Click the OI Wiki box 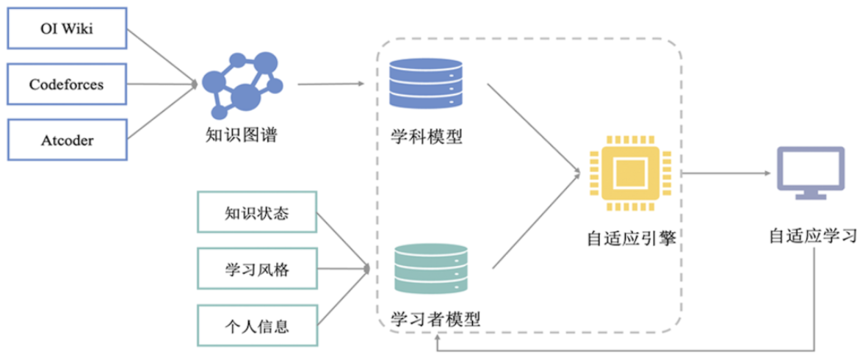67,29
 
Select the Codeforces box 67,84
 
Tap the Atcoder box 67,140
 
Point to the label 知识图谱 242,135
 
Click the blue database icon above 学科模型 427,83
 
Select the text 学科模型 427,137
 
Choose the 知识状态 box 257,213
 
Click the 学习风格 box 257,270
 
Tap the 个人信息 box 257,325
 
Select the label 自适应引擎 631,239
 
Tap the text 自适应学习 813,237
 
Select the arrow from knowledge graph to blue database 330,84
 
